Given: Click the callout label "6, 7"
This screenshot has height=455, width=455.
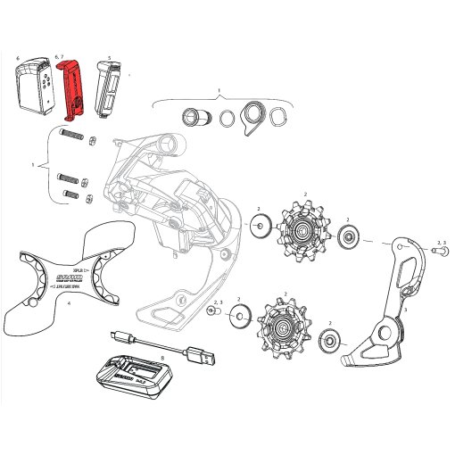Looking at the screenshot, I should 60,56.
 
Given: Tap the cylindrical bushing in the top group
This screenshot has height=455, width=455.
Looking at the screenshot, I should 194,117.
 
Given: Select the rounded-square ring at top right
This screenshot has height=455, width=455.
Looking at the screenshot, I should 279,115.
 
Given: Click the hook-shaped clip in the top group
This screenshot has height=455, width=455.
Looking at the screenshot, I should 253,116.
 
